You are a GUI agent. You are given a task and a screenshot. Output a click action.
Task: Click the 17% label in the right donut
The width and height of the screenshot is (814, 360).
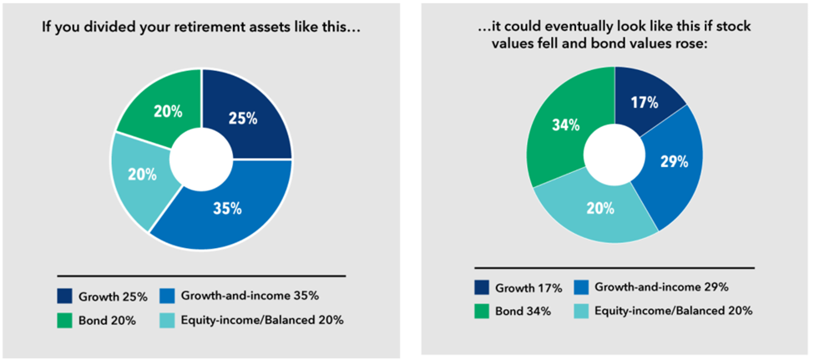click(645, 104)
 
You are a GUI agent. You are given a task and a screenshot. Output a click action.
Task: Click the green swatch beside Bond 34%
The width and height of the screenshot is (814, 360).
click(481, 311)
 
